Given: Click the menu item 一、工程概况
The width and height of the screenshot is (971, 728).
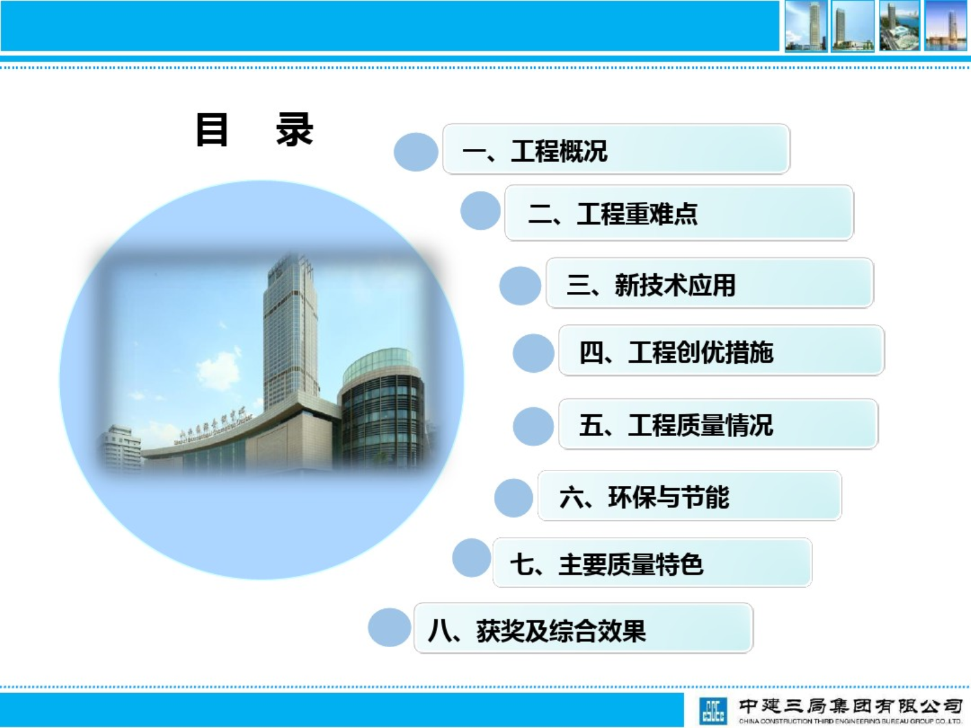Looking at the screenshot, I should coord(616,149).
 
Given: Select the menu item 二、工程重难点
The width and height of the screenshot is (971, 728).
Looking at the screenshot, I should coord(678,213).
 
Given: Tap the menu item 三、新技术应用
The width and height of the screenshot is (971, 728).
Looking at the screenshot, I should coord(709,283).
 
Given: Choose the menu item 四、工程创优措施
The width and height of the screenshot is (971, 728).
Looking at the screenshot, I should coord(721,351).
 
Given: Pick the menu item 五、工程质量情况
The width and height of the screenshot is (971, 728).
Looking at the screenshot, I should coord(718,425).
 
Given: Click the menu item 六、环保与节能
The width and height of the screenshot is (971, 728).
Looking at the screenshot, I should coord(689,496).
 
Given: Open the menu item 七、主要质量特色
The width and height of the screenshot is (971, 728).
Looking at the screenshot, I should coord(652,563).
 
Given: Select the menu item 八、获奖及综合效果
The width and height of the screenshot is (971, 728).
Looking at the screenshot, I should coord(583,629).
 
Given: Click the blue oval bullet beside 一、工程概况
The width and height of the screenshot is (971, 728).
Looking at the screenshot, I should coord(416,152).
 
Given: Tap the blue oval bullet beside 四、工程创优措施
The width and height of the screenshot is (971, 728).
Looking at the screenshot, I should coord(533,353).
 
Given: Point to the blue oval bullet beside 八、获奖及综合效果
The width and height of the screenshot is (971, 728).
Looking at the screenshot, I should coord(389,628).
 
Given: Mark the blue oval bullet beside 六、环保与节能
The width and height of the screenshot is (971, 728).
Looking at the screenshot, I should coord(513,498).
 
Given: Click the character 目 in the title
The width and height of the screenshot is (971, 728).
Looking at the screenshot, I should coord(212,129).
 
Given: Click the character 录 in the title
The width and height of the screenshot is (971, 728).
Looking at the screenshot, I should coord(295,129).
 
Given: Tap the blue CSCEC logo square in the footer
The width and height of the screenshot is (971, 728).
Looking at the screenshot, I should coord(713,711).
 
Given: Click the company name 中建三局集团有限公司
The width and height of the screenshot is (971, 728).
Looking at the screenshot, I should coord(850,706).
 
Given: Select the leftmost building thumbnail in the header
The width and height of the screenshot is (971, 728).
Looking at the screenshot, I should coord(805,26).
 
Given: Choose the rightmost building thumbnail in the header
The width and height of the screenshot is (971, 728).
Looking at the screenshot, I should coord(946,26).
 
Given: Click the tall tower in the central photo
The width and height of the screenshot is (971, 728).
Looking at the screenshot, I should coord(290,330).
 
